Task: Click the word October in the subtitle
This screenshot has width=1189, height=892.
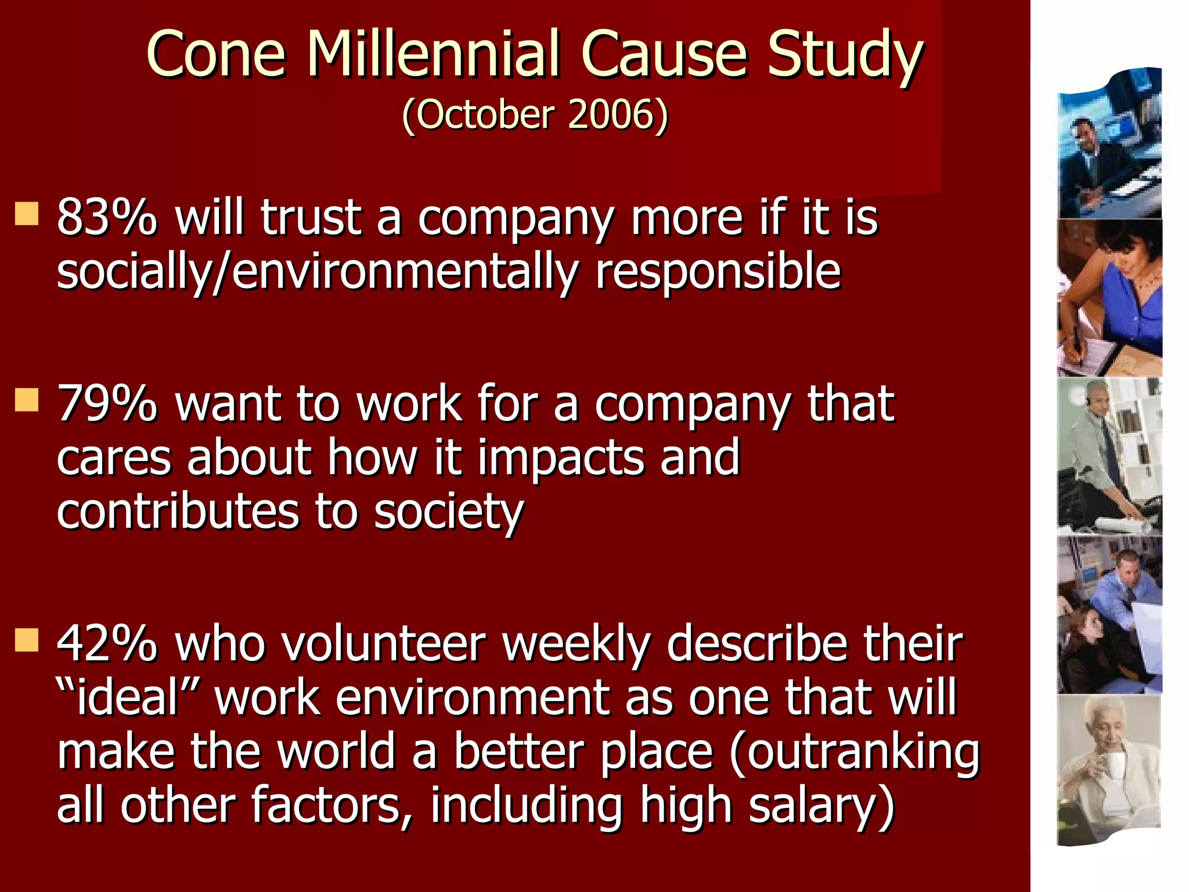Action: coord(484,114)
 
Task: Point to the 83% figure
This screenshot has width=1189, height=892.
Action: coord(107,217)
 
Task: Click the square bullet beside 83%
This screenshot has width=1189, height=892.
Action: coord(27,214)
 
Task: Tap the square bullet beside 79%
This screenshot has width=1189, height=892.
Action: coord(27,400)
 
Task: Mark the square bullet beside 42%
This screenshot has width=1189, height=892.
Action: coord(27,639)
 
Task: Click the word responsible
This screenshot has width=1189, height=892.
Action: coord(718,272)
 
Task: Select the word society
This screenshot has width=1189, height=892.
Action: coord(449,512)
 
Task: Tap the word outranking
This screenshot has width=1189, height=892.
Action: coord(854,751)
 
